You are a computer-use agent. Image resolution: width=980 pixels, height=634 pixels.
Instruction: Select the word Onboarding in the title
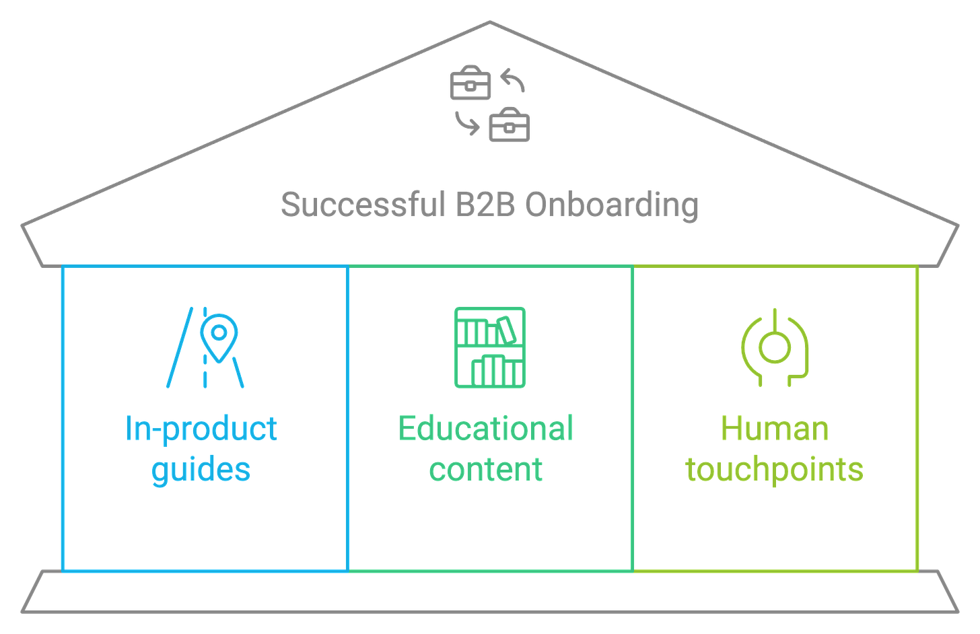pyautogui.click(x=611, y=205)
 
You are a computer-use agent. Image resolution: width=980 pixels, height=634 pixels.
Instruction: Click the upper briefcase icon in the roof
pyautogui.click(x=470, y=83)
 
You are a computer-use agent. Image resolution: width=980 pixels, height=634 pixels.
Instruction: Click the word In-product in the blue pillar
pyautogui.click(x=201, y=429)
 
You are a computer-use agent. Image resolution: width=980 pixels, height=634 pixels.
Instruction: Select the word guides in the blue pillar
pyautogui.click(x=201, y=468)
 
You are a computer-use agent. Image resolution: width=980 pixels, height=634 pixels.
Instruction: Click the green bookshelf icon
pyautogui.click(x=490, y=347)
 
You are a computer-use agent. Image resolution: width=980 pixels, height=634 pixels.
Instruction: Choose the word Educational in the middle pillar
pyautogui.click(x=485, y=429)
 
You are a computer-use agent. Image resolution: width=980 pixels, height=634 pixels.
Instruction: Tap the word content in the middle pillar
pyautogui.click(x=485, y=468)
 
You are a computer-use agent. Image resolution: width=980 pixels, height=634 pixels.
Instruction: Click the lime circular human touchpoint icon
pyautogui.click(x=774, y=347)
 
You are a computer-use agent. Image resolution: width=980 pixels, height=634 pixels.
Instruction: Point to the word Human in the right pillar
pyautogui.click(x=774, y=429)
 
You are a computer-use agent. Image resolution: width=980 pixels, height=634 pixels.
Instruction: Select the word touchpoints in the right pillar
pyautogui.click(x=774, y=468)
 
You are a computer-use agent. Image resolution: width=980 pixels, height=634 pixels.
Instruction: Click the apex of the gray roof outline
pyautogui.click(x=489, y=22)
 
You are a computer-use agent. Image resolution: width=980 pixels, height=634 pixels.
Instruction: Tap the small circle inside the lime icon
pyautogui.click(x=774, y=345)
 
